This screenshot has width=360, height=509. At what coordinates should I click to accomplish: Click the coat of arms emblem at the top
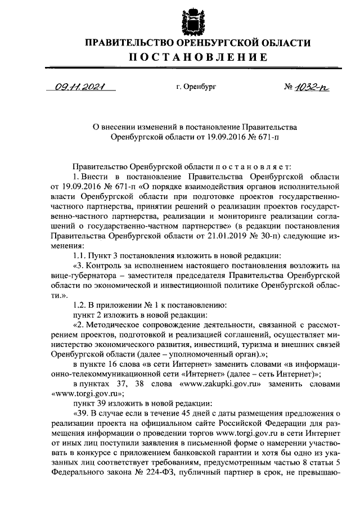(x=188, y=20)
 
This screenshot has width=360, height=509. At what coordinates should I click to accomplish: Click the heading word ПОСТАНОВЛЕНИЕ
(x=188, y=57)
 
